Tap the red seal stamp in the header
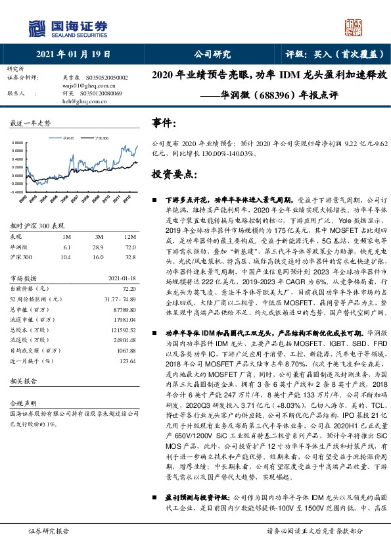tap(354, 26)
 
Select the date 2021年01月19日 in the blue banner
tap(73, 55)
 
